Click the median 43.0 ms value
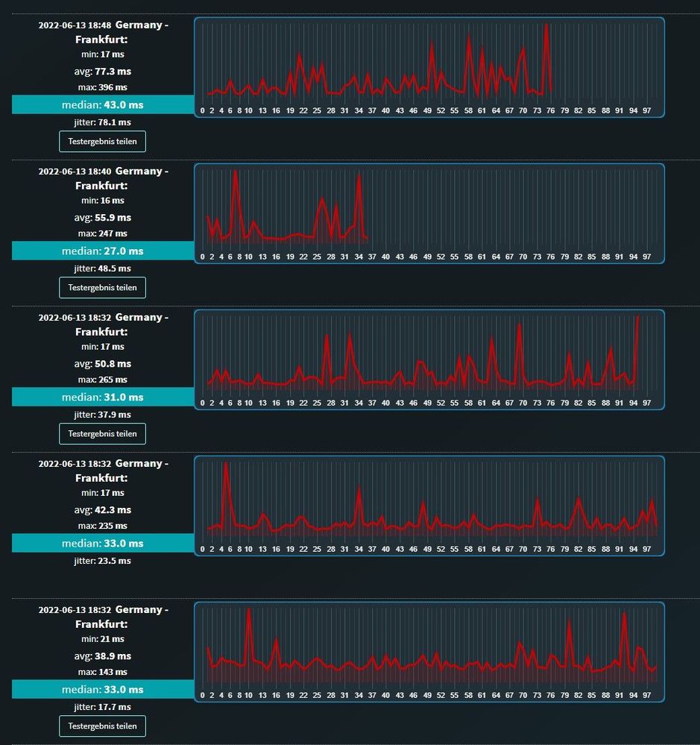tap(103, 105)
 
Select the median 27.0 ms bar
tap(103, 251)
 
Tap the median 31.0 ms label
tap(103, 397)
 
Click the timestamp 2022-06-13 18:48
tap(75, 25)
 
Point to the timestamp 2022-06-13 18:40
tap(75, 172)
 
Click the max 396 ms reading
tap(103, 87)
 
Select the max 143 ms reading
tap(103, 672)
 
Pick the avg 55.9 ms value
tap(103, 218)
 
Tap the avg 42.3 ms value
tap(103, 510)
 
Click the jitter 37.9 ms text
tap(103, 415)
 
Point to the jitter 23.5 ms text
tap(103, 561)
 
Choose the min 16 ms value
tap(103, 201)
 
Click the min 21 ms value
tap(103, 639)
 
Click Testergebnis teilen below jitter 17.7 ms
tap(103, 726)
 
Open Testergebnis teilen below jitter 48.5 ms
tap(103, 287)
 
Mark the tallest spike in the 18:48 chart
tap(546, 25)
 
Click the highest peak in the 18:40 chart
tap(236, 171)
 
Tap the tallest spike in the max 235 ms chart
tap(226, 463)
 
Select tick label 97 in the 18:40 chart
tap(647, 257)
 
